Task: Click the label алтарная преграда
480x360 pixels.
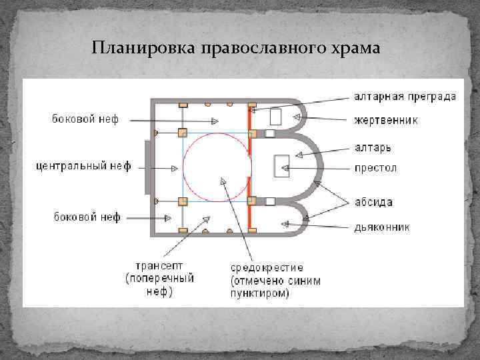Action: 404,97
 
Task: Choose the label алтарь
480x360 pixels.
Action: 372,147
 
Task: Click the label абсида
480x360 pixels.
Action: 373,202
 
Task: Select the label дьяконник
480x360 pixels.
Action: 381,227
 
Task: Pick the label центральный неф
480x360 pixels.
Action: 83,166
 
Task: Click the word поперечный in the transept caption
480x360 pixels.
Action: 161,278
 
